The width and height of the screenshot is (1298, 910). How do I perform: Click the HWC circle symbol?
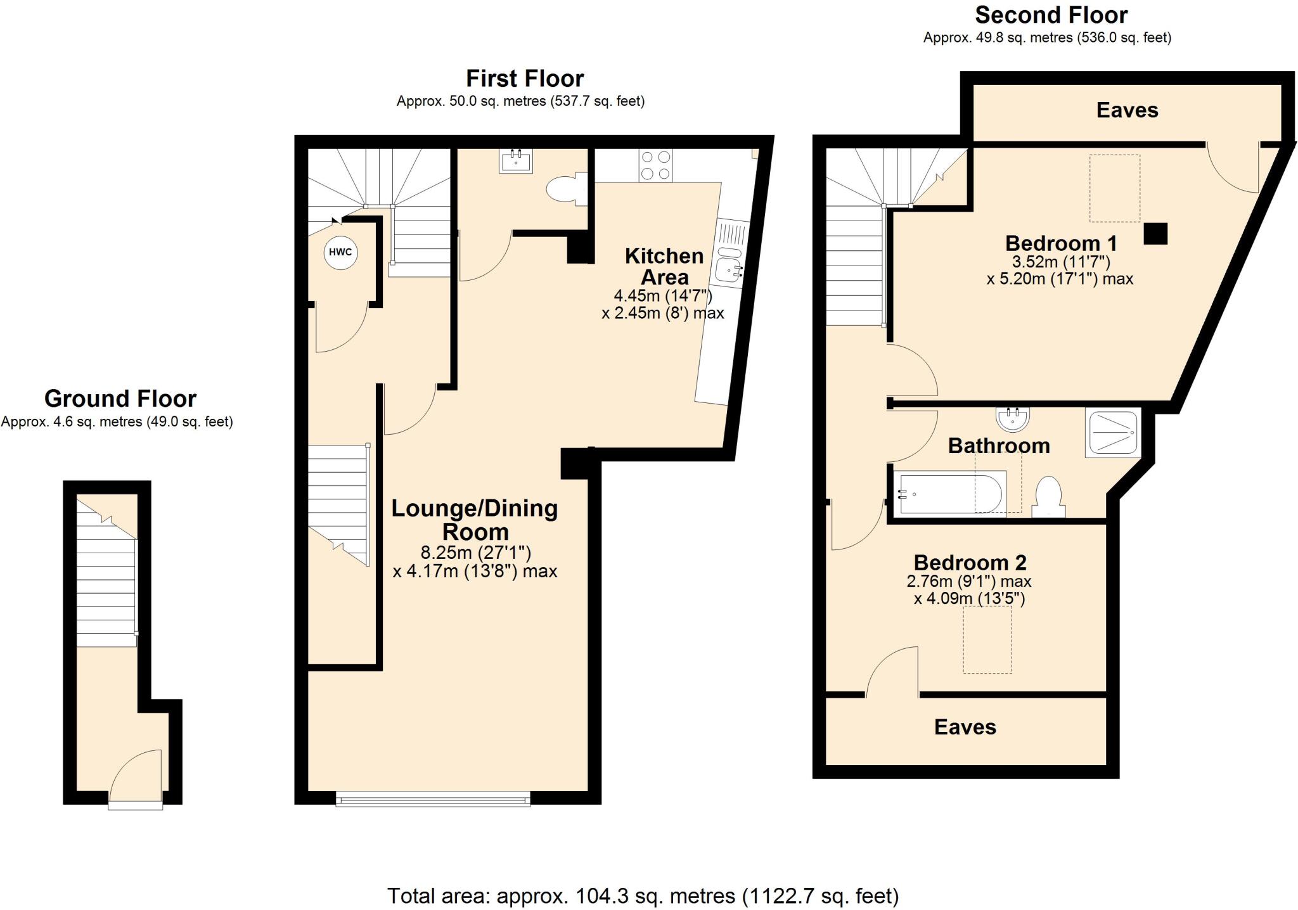coord(340,252)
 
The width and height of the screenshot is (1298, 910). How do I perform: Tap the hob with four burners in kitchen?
coord(655,165)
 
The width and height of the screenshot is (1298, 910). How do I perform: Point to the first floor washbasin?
coord(516,161)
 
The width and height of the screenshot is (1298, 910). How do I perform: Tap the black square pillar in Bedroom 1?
coord(1155,234)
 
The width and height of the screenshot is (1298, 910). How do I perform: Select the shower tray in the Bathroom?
coord(1113,433)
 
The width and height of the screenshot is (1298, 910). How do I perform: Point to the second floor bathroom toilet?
coord(1048,496)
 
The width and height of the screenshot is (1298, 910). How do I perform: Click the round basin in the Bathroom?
coord(1012,418)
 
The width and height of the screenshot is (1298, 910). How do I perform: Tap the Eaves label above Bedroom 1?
coord(1127,110)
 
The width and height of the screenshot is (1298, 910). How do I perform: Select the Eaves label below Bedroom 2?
coord(965,727)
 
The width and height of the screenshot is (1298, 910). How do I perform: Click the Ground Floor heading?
coord(120,399)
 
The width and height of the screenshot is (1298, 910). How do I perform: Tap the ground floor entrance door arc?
coord(136,774)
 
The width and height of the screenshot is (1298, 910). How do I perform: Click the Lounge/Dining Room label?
coord(474,520)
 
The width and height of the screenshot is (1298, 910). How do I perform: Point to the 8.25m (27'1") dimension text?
coord(475,553)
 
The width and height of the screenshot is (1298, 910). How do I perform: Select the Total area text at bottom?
coord(643,895)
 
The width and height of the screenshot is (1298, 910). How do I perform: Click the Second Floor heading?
coord(1051,15)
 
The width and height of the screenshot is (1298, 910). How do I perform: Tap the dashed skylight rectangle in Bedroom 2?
coord(987,639)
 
